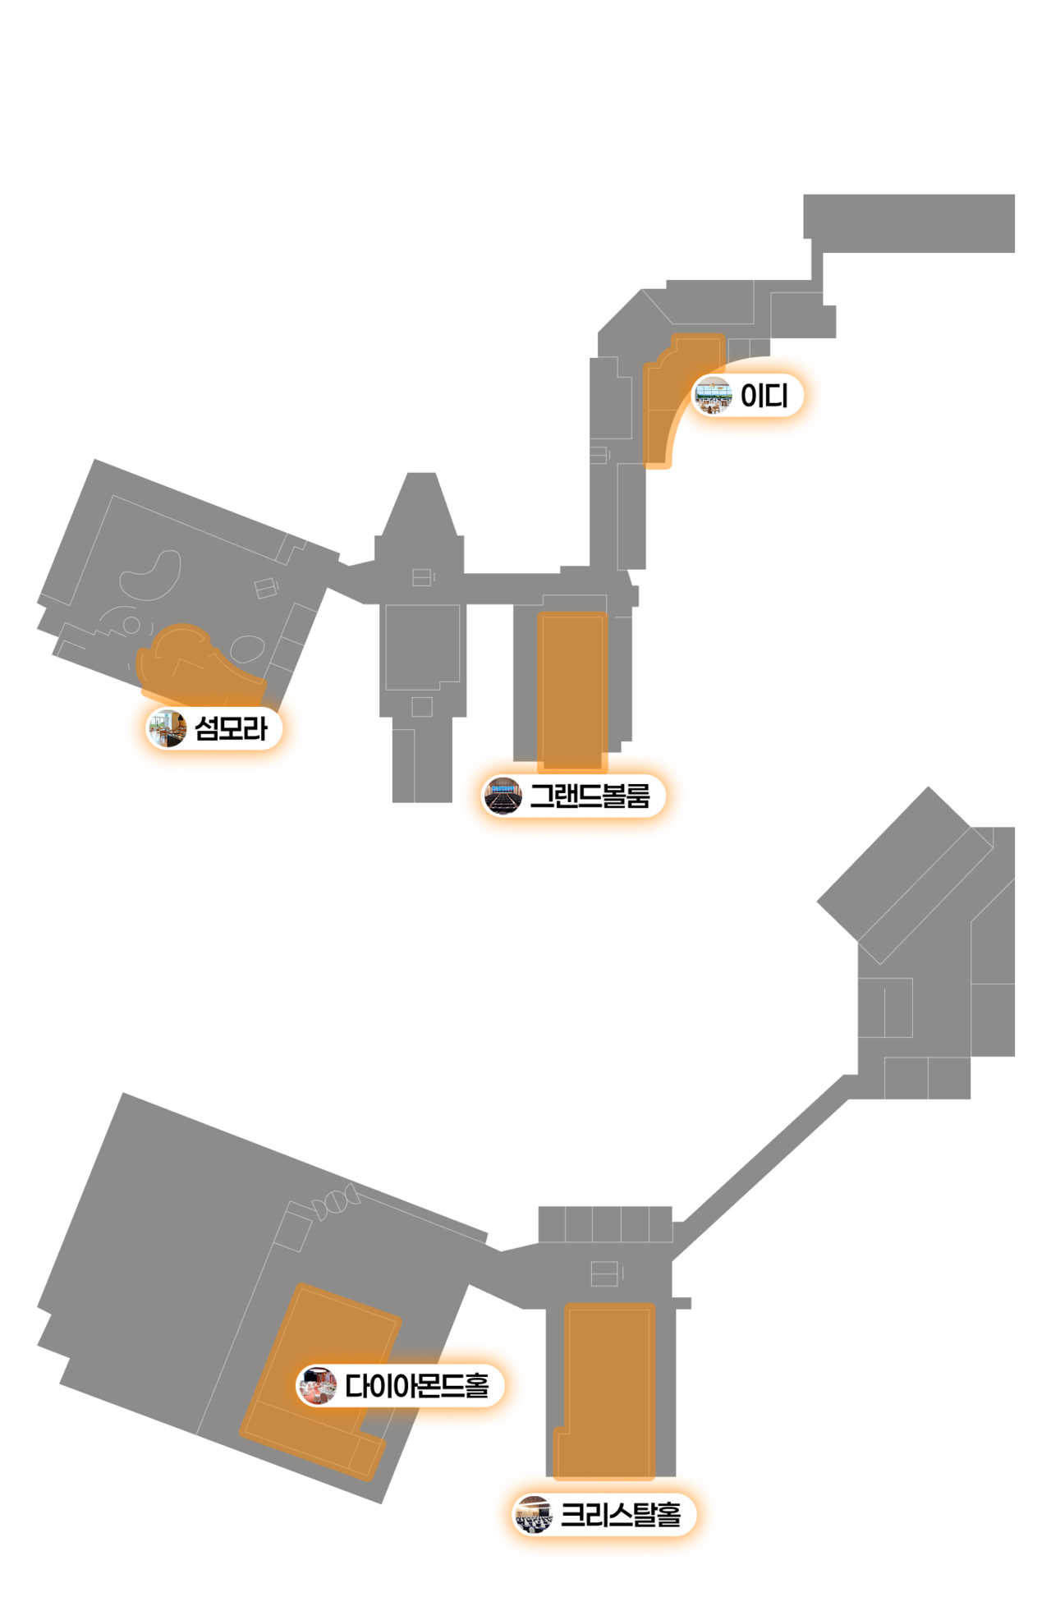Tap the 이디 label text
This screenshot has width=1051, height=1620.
(x=764, y=396)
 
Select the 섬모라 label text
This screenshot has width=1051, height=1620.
(x=231, y=728)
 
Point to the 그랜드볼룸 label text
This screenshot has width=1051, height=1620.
(x=590, y=796)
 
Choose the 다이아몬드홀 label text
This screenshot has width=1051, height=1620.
(x=416, y=1386)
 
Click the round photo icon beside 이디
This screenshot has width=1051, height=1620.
(x=713, y=396)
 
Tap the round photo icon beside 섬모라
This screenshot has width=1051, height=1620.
(x=167, y=728)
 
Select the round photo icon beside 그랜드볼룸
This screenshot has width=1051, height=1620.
(x=502, y=796)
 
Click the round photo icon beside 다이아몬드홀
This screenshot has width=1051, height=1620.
(x=317, y=1386)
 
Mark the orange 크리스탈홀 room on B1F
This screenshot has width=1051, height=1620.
(x=608, y=1388)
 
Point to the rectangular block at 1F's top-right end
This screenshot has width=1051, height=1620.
(x=909, y=223)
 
